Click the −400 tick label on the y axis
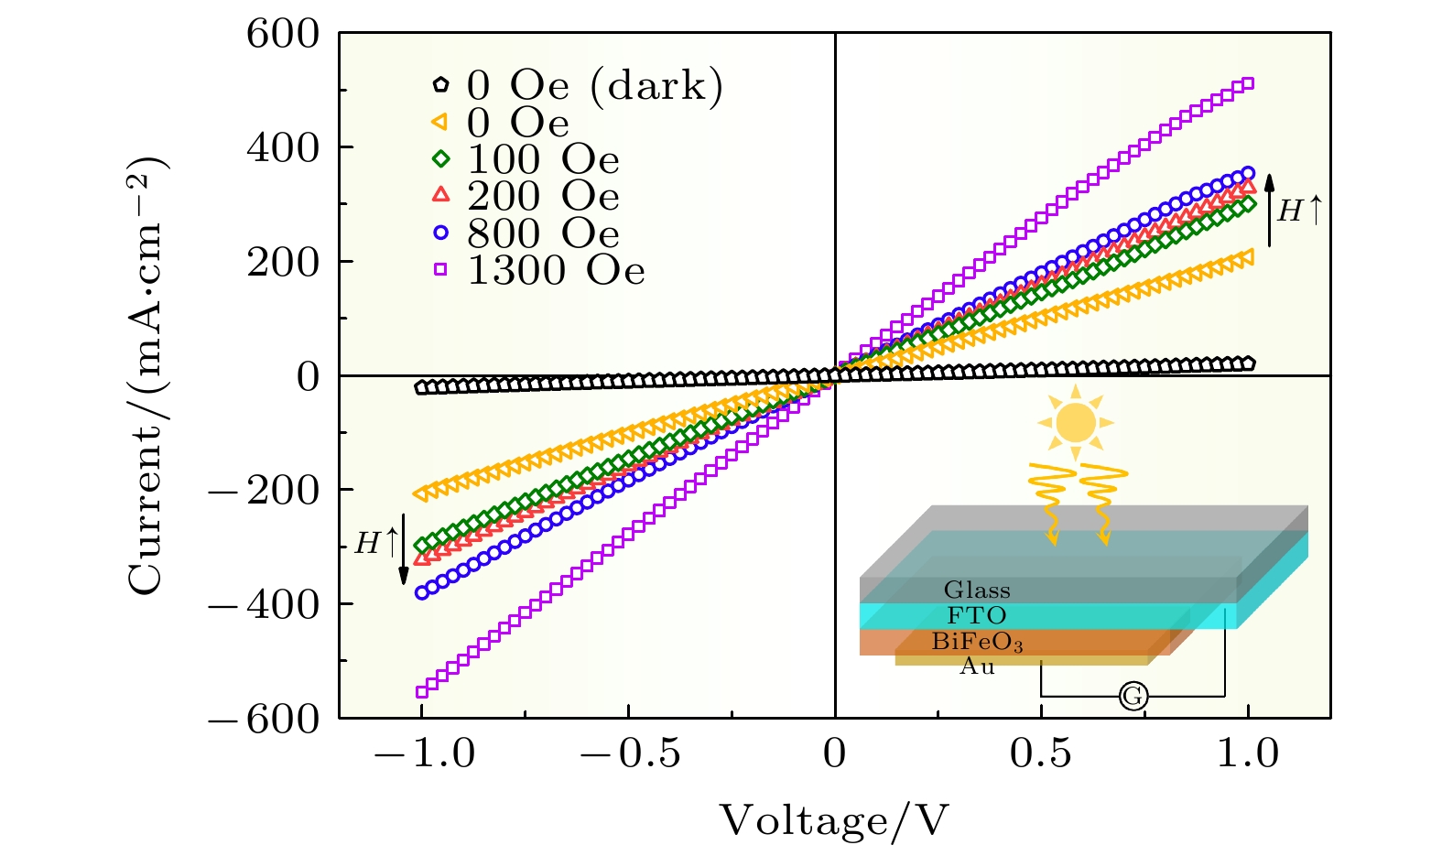click(266, 604)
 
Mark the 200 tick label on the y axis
click(283, 263)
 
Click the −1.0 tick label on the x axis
click(424, 753)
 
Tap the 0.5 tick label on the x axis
click(1041, 753)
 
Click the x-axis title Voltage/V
click(833, 820)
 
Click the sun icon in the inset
click(1076, 423)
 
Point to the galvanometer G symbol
click(1133, 697)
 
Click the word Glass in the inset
click(977, 590)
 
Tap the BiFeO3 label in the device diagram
click(977, 642)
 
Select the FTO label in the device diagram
click(977, 615)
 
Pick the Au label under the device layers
click(977, 666)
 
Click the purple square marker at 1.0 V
click(1247, 84)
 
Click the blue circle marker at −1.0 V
click(422, 592)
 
